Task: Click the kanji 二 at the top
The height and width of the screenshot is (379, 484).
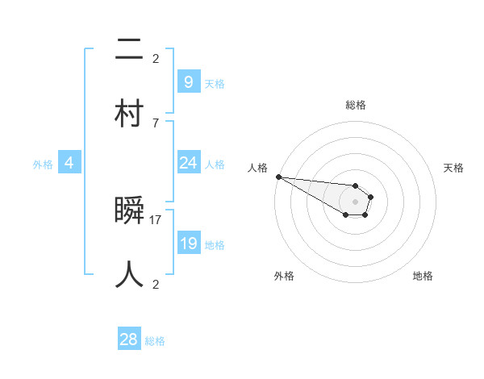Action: [130, 50]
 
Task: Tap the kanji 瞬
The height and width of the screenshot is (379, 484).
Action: [130, 212]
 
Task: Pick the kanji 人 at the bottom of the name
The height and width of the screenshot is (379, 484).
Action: [130, 274]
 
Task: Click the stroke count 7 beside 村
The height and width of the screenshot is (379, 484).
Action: [155, 123]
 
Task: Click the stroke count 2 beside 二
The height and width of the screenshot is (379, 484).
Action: [155, 58]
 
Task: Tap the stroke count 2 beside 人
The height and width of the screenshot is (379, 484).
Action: [155, 284]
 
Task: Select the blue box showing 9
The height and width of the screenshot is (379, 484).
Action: [188, 82]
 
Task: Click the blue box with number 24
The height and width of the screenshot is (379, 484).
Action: [188, 163]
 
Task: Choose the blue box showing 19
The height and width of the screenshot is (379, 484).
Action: [188, 244]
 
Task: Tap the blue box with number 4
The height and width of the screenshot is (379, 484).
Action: [69, 163]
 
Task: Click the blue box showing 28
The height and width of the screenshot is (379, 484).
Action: [129, 339]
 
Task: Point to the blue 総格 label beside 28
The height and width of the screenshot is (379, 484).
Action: [155, 341]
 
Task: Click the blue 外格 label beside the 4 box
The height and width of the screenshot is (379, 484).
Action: [43, 165]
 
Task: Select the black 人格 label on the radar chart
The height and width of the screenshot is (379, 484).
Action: [257, 168]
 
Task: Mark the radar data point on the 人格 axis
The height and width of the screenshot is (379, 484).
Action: [278, 177]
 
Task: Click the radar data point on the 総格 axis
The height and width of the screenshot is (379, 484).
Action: [355, 185]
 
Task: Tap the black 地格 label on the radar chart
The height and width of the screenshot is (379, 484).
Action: [423, 276]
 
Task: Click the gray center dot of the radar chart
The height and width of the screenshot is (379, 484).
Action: [355, 202]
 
